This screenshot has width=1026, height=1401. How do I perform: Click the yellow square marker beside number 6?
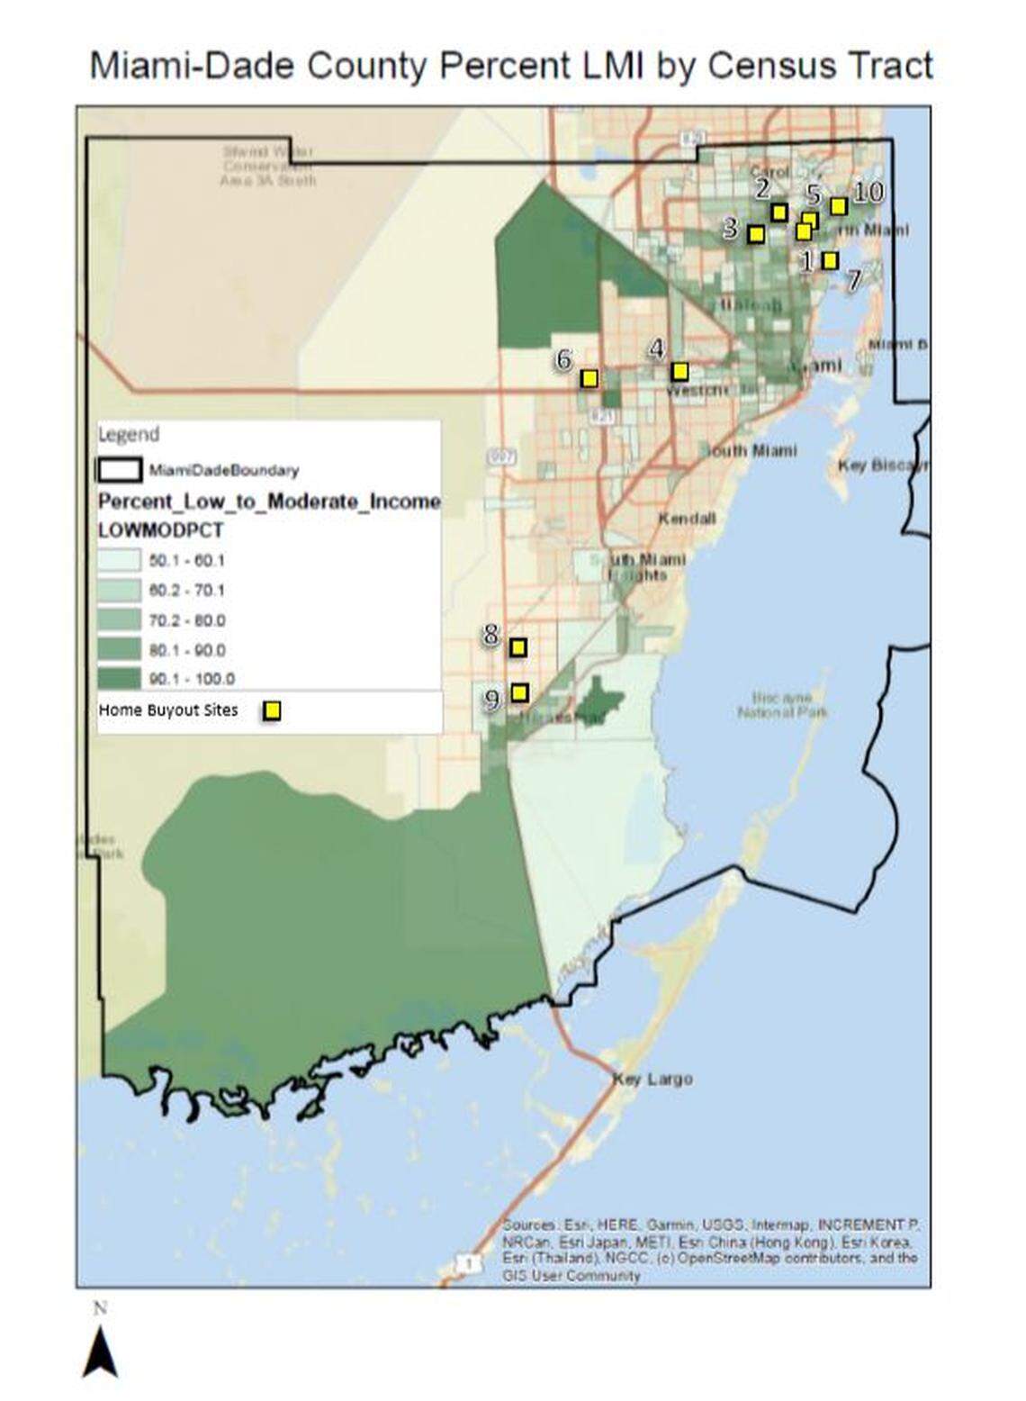click(x=589, y=378)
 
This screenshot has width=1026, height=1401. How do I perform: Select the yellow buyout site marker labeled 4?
click(x=680, y=371)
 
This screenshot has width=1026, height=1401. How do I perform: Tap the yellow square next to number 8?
click(x=518, y=646)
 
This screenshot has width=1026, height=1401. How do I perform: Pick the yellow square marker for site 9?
click(x=519, y=691)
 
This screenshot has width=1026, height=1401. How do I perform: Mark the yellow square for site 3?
click(x=756, y=234)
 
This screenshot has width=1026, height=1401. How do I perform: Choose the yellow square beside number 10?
click(x=838, y=206)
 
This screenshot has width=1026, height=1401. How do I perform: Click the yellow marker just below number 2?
click(x=779, y=212)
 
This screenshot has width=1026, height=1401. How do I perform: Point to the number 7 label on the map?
click(x=853, y=277)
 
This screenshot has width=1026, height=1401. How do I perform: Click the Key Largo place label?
click(x=652, y=1079)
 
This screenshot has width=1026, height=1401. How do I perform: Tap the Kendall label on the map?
click(x=687, y=519)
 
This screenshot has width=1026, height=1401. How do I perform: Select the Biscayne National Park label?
click(x=781, y=705)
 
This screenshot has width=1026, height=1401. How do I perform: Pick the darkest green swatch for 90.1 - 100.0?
click(x=119, y=678)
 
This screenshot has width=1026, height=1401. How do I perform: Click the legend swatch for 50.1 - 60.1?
click(x=119, y=560)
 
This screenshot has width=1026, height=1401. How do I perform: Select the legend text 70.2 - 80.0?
click(x=187, y=620)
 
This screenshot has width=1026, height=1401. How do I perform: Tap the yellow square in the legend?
click(x=272, y=710)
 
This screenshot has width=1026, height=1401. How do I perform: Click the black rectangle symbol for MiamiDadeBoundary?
click(x=119, y=470)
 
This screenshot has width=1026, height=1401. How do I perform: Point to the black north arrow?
click(x=100, y=1354)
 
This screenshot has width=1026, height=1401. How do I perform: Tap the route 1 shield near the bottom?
click(x=468, y=1264)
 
